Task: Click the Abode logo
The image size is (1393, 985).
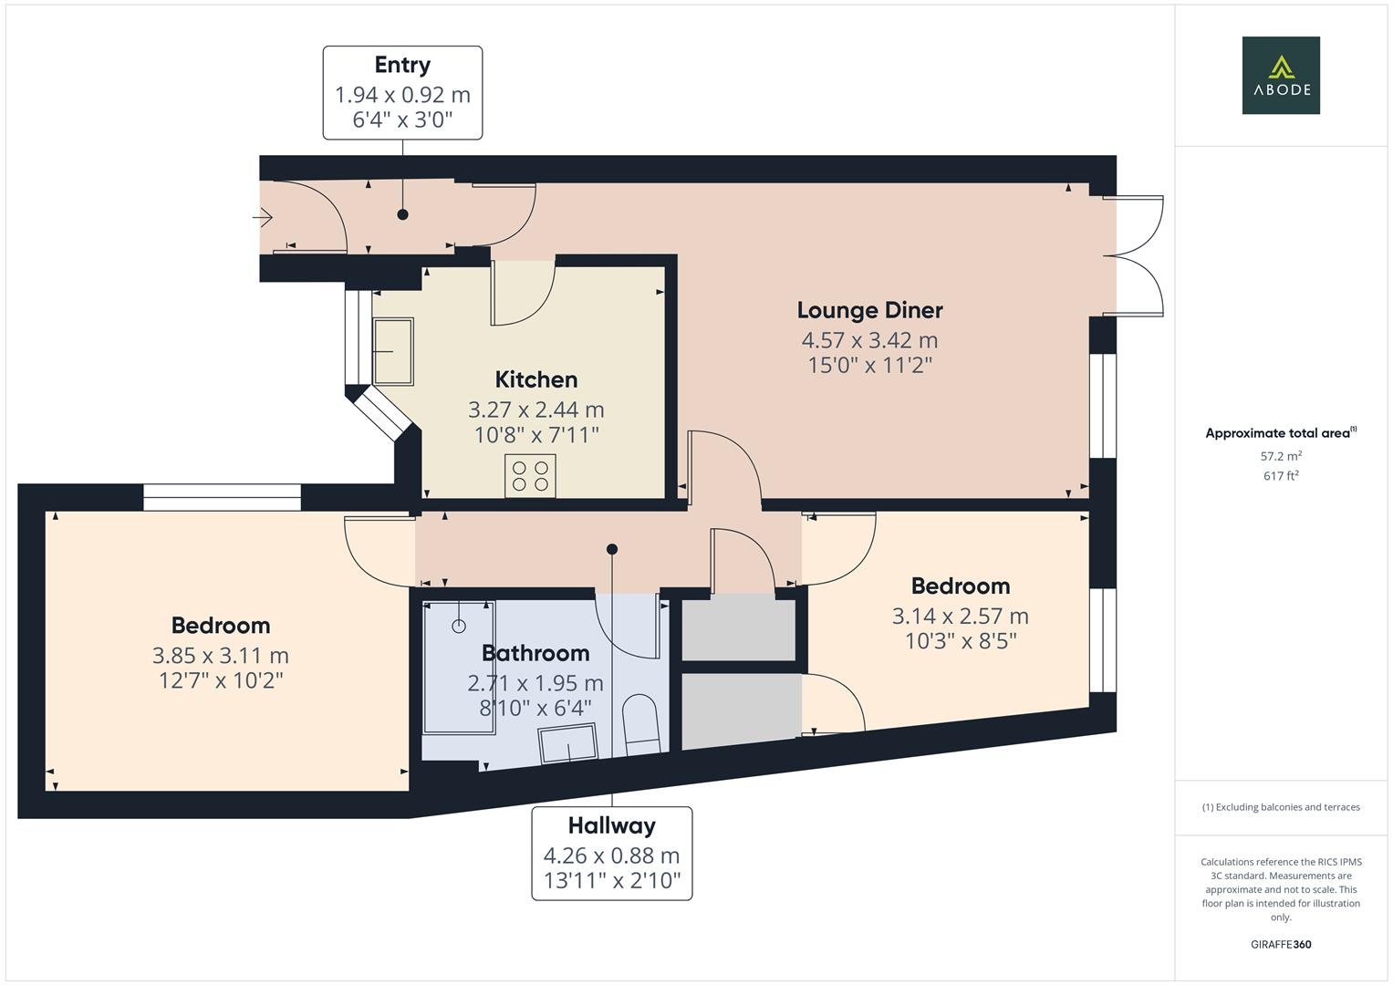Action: tap(1281, 75)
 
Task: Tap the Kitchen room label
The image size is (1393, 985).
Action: tap(536, 379)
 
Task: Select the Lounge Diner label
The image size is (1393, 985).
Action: tap(870, 310)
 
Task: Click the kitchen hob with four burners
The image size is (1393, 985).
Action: tap(530, 476)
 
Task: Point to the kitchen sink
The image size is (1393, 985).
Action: tap(393, 352)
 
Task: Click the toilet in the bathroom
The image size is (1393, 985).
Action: tap(640, 724)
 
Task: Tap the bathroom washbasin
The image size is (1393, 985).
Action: tap(568, 743)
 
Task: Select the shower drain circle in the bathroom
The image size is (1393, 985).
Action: tap(459, 627)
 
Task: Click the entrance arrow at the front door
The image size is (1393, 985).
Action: tap(263, 218)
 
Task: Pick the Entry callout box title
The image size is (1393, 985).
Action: tap(402, 65)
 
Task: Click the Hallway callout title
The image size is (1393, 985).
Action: tap(612, 825)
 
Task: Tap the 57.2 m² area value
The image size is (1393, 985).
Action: tap(1281, 456)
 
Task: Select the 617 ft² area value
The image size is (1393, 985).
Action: tap(1281, 476)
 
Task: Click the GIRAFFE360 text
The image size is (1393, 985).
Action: tap(1281, 944)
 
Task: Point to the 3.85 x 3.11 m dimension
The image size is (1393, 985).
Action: tap(221, 656)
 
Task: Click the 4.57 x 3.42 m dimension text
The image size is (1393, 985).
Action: tap(870, 340)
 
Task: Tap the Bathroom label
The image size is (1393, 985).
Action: tap(535, 653)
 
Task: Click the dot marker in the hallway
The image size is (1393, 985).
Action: tap(612, 549)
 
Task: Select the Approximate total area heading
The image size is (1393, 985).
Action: tap(1281, 433)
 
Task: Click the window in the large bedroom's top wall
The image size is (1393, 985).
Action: tap(222, 497)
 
